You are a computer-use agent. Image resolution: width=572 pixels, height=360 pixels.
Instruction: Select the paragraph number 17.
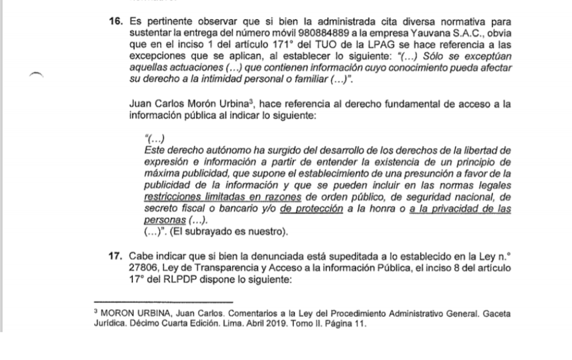click(x=117, y=257)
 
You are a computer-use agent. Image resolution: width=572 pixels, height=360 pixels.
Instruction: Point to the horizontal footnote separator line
click(x=163, y=302)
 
